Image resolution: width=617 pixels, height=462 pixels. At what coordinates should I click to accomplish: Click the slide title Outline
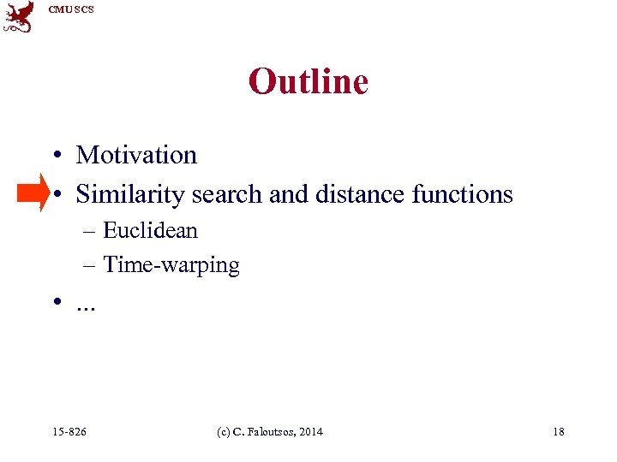pos(308,82)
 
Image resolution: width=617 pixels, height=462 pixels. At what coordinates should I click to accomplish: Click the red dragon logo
pos(19,16)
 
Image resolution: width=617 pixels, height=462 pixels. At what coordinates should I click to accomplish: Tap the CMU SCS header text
pos(71,9)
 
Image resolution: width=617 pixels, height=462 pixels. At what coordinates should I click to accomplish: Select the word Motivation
pos(136,155)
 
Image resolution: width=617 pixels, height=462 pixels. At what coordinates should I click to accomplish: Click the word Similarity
pos(130,195)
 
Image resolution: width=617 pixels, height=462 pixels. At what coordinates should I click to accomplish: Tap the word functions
pos(462,194)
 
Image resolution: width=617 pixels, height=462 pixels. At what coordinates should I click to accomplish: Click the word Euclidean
pos(150,230)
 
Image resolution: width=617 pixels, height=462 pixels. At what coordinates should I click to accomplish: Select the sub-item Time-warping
pos(171,265)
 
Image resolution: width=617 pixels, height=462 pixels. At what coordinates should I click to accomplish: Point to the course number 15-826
pos(69,431)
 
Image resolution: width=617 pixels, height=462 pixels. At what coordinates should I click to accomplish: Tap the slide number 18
pos(559,431)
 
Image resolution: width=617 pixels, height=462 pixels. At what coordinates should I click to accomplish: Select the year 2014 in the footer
pos(310,431)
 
